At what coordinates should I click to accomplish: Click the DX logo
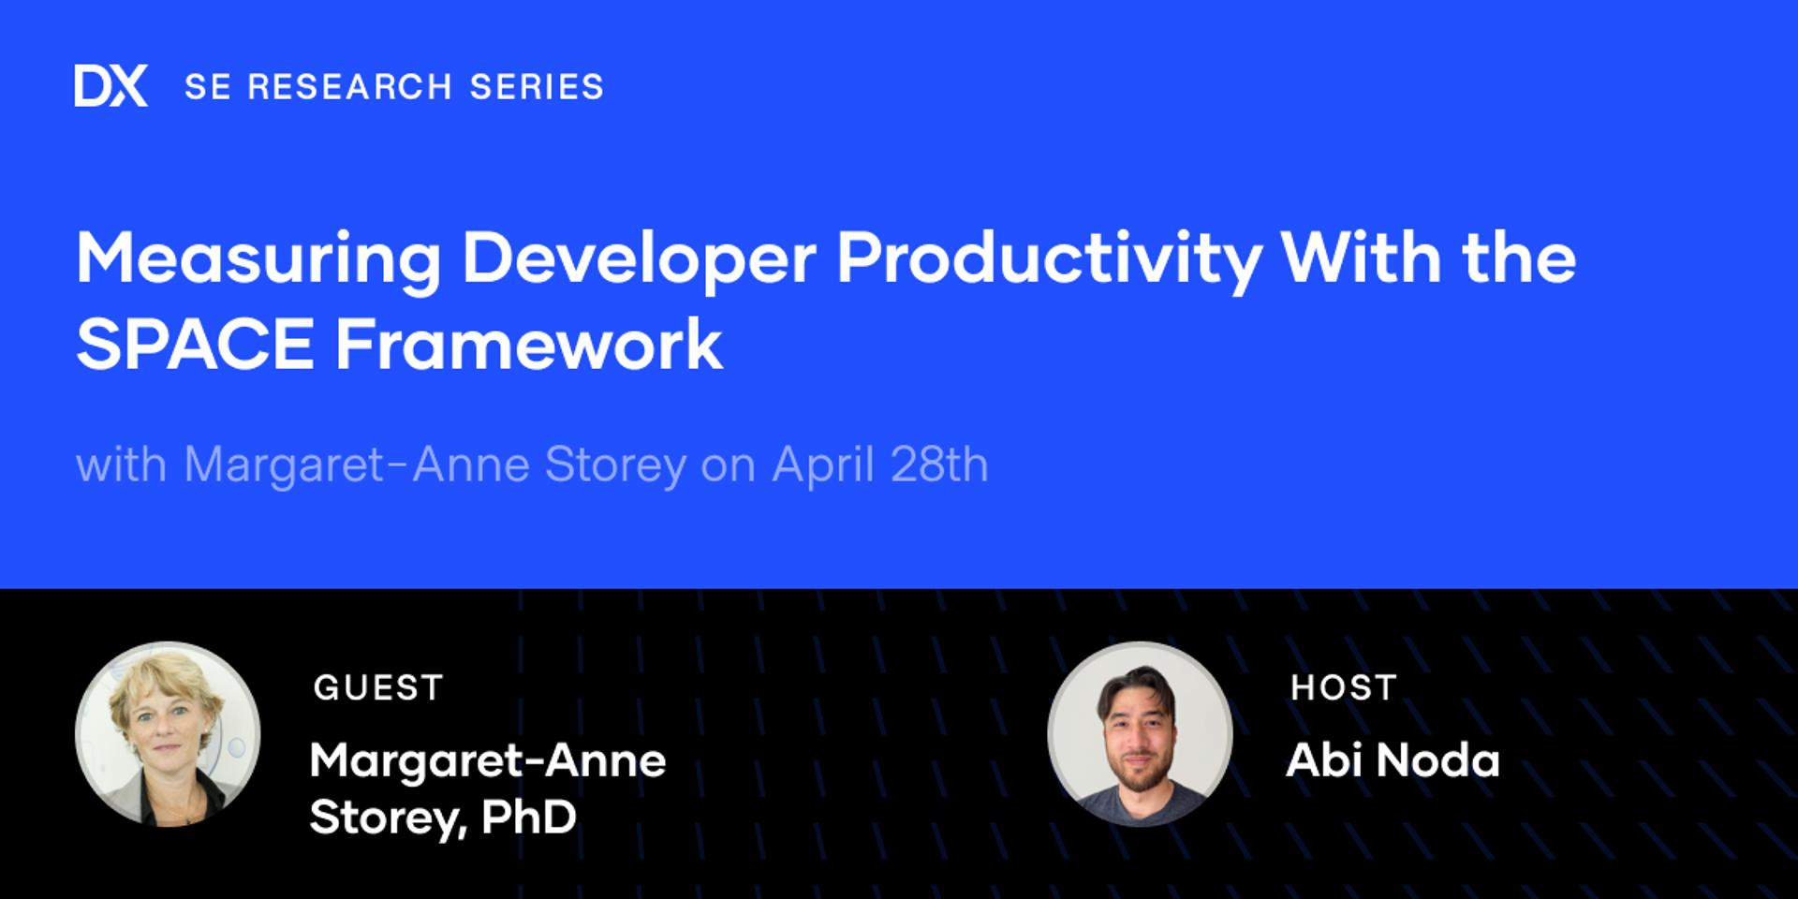[x=111, y=86]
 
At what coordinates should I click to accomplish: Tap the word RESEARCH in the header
[x=349, y=87]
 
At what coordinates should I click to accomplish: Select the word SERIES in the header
[x=537, y=87]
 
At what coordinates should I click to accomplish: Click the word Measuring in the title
[x=258, y=259]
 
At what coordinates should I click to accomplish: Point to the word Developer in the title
[x=639, y=259]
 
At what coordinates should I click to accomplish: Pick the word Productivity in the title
[x=1049, y=259]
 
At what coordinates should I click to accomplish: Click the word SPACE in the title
[x=195, y=345]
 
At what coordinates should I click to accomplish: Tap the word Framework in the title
[x=529, y=345]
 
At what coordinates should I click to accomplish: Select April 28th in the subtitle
[x=880, y=464]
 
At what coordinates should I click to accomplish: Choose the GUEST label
[x=378, y=688]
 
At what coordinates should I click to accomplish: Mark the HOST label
[x=1344, y=688]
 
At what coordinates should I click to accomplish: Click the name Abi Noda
[x=1393, y=760]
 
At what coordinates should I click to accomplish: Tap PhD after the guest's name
[x=529, y=818]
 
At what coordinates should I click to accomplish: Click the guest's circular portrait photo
[x=168, y=734]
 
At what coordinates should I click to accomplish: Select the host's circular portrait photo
[x=1140, y=734]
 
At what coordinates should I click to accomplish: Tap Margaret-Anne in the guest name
[x=488, y=760]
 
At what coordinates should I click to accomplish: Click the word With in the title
[x=1361, y=259]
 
